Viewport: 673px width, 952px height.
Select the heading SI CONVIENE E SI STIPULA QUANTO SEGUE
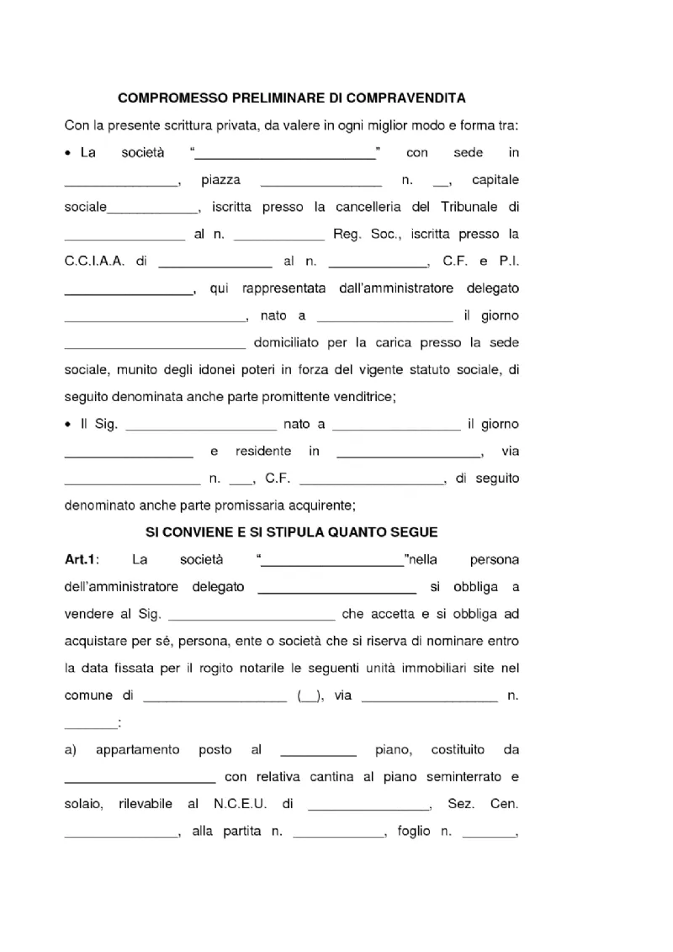coord(292,532)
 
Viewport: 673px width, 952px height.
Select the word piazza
coord(221,180)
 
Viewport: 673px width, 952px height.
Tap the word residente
coord(264,452)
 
